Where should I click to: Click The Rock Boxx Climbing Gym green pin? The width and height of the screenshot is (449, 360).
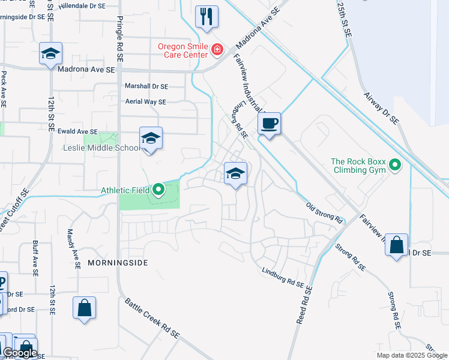(x=395, y=164)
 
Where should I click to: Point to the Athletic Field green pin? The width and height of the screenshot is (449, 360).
(x=158, y=190)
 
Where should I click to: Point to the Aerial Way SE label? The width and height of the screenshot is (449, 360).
(x=145, y=102)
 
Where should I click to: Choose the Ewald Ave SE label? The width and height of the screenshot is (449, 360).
(x=77, y=131)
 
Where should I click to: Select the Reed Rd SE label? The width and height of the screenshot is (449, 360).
(x=305, y=305)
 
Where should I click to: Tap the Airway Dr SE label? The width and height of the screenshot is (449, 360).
(x=382, y=108)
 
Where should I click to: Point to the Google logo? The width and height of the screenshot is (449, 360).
(x=19, y=353)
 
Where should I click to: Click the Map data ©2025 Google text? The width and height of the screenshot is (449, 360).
(x=411, y=355)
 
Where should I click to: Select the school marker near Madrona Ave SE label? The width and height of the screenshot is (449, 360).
(x=51, y=54)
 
